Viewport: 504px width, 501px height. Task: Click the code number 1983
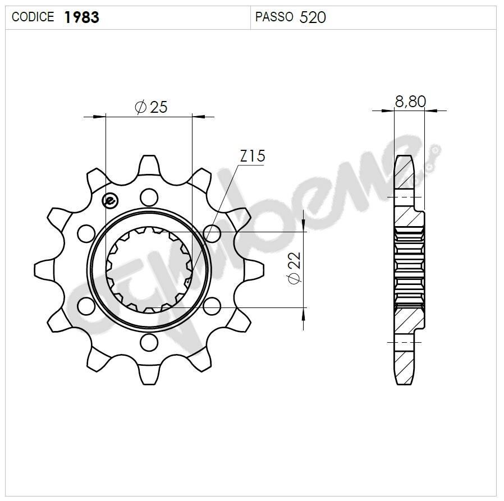82,17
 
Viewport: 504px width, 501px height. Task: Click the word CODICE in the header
33,17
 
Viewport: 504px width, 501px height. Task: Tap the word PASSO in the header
274,17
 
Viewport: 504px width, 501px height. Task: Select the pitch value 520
313,17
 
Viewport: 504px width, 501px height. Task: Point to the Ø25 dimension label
151,107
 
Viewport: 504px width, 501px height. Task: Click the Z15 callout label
252,156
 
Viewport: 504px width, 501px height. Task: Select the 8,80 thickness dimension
410,102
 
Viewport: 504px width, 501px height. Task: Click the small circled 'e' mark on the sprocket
109,200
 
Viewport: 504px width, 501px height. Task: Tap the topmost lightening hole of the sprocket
149,196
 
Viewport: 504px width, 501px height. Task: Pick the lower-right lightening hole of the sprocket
212,306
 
